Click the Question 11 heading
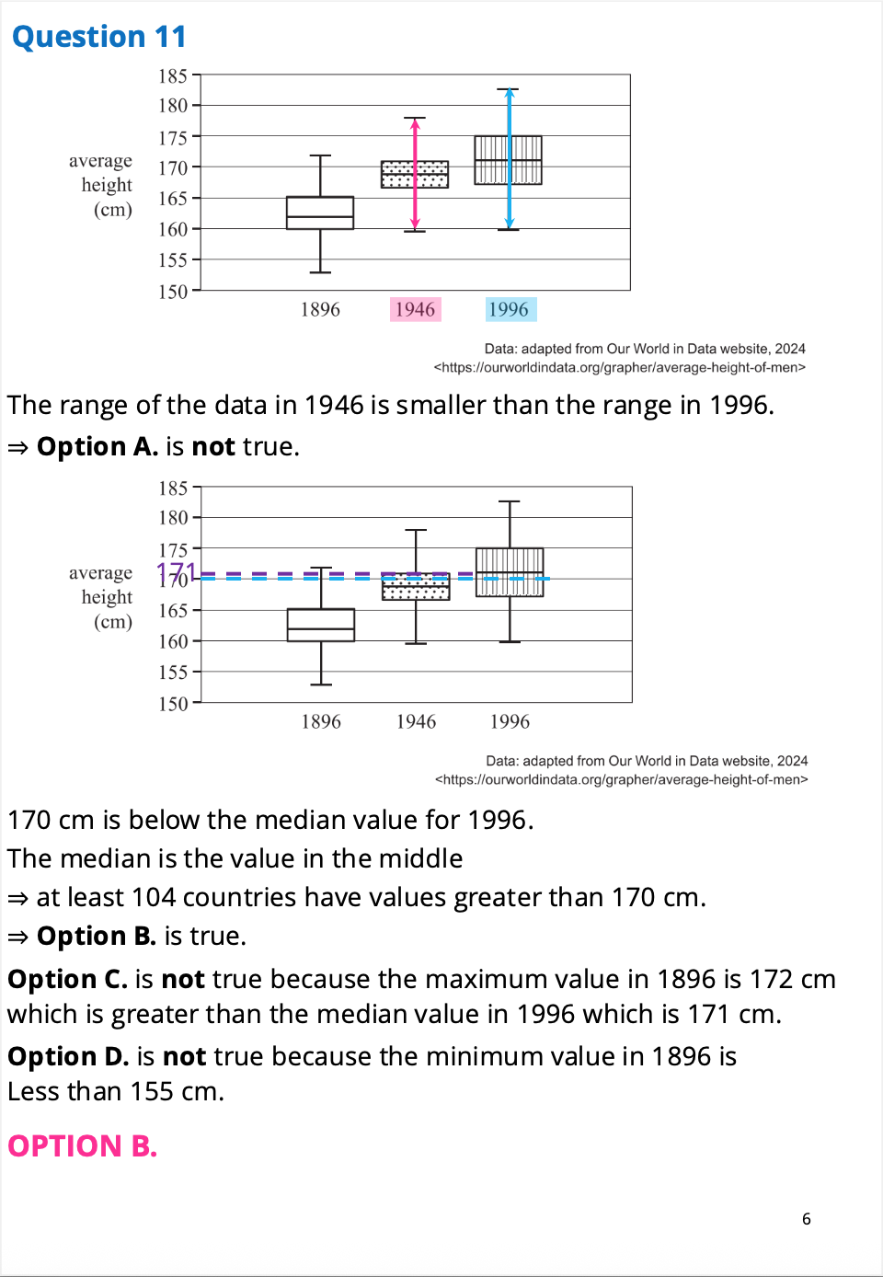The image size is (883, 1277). pos(99,37)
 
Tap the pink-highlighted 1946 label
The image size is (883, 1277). pos(415,309)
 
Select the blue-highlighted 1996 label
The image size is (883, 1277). pos(510,309)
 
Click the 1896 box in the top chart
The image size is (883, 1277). pos(320,213)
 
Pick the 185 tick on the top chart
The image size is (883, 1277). pos(173,76)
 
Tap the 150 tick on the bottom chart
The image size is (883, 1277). pos(173,704)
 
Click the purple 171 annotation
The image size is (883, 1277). pos(175,573)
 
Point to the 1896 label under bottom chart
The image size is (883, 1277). pos(321,722)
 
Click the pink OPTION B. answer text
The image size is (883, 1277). pos(83,1146)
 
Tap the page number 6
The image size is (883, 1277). pos(807,1219)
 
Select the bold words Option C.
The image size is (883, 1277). pos(67,979)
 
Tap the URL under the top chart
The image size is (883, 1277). pos(620,367)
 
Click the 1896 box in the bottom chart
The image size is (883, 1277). pos(321,625)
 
